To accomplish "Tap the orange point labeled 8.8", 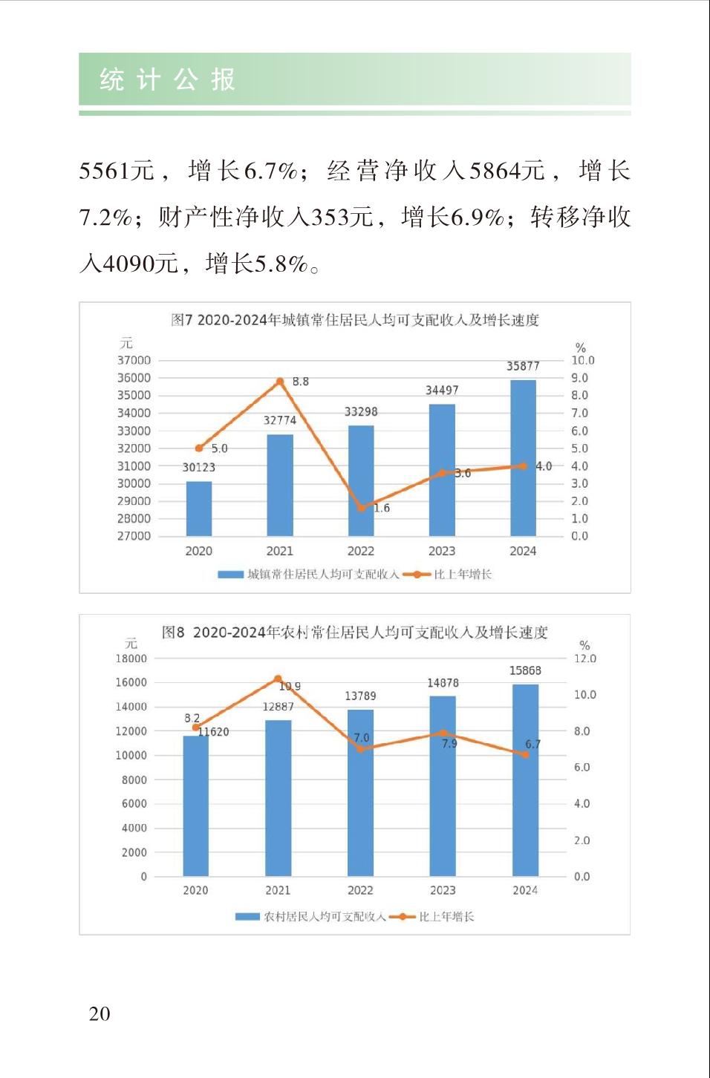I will tap(280, 382).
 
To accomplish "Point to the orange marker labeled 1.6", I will tap(362, 509).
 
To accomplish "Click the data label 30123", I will tap(198, 467).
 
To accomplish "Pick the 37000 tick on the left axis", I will tap(134, 360).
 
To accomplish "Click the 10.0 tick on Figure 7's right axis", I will tap(582, 360).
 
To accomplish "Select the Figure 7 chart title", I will tap(355, 320).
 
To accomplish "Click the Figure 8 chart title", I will tap(355, 633).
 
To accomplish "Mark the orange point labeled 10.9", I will tap(279, 679).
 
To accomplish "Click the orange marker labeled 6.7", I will tap(525, 754).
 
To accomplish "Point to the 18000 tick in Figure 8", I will tap(131, 659).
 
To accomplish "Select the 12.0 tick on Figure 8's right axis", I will tap(584, 659).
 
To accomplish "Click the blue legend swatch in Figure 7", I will tap(230, 575).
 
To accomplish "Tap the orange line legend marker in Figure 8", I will tap(402, 917).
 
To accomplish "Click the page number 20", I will tap(100, 1013).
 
